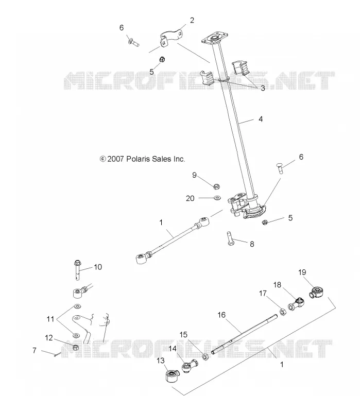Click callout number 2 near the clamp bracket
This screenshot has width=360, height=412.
coord(192,20)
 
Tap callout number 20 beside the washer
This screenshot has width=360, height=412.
coord(190,198)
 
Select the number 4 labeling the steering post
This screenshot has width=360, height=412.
coord(261,119)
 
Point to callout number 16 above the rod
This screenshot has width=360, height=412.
coord(221,315)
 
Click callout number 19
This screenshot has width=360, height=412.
coord(302,272)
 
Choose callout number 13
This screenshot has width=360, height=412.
coord(161,361)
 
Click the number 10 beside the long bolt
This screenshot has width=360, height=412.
coord(98,267)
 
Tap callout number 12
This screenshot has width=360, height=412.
coord(49,338)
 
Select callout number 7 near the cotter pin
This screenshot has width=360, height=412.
coord(35,350)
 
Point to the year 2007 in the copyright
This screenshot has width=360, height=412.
coord(115,159)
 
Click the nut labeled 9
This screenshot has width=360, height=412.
coord(216,186)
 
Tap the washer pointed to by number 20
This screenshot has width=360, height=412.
coord(217,198)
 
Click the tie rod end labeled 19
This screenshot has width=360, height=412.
coord(316,293)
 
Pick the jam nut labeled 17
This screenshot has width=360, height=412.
coord(283,312)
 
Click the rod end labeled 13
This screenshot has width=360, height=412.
coord(172,375)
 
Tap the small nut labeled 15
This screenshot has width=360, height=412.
coord(205,357)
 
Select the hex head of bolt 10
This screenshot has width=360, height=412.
coord(78,263)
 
